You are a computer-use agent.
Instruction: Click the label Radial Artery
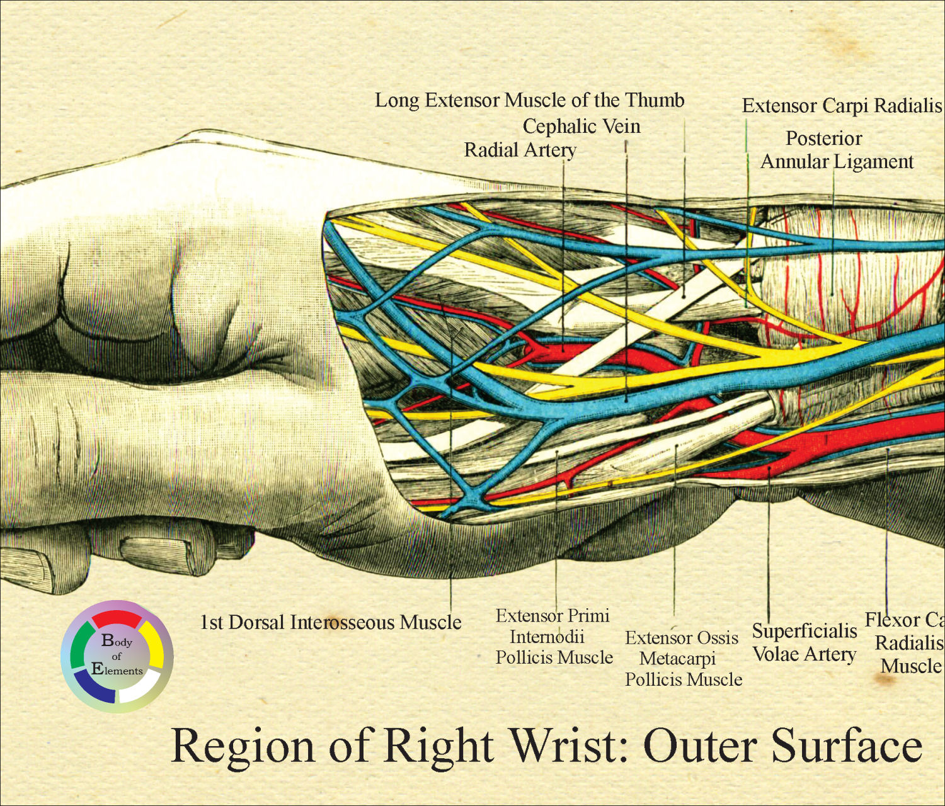520,150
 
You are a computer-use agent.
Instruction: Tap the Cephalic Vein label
581,127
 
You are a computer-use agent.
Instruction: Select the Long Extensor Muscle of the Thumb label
529,101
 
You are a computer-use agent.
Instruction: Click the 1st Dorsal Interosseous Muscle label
331,623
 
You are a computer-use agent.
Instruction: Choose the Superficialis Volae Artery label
805,642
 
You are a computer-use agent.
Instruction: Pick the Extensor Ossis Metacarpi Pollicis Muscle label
683,659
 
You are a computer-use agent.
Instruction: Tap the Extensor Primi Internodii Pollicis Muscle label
553,637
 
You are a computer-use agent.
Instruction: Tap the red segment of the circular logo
117,616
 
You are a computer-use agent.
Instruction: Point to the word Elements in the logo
117,670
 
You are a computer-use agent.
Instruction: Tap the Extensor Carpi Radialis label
841,106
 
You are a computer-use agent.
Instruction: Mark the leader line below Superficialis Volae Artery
769,554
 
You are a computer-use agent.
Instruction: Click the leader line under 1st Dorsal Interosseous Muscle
451,567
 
